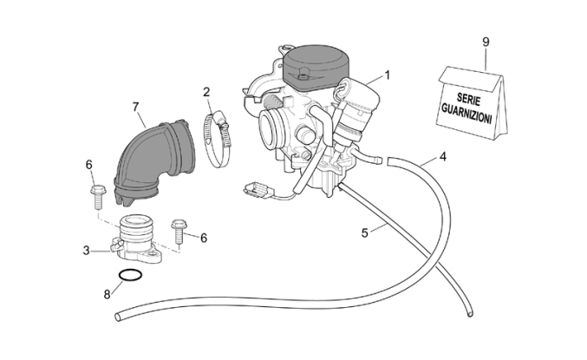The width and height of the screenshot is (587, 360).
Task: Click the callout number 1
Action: [x=387, y=75]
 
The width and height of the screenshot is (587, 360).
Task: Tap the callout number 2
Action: [x=207, y=92]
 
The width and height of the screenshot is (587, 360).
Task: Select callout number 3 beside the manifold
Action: [x=86, y=251]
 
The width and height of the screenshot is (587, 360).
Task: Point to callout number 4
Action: [x=442, y=157]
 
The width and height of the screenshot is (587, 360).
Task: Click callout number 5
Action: [x=365, y=232]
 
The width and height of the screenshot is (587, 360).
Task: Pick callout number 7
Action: [x=136, y=107]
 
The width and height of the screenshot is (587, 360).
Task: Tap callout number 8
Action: [x=108, y=294]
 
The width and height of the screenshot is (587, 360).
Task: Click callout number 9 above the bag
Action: [x=486, y=42]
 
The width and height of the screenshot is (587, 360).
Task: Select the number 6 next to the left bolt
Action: [x=88, y=164]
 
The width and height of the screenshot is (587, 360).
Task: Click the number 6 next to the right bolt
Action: [x=203, y=238]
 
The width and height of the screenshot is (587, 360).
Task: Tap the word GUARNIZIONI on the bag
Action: [x=468, y=113]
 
